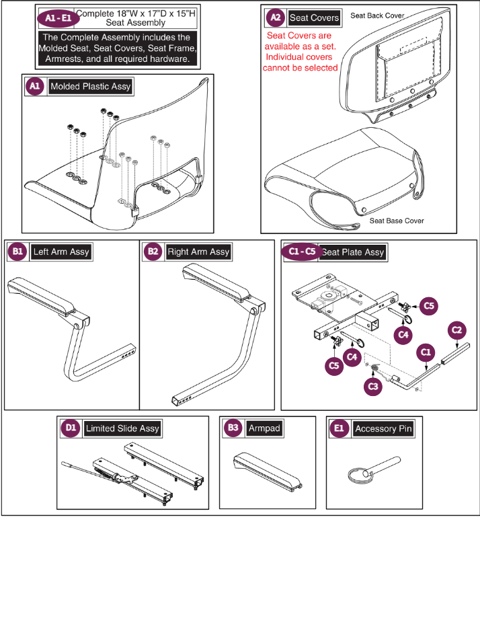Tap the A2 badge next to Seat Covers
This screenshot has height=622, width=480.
click(274, 17)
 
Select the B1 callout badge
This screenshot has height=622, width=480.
click(17, 252)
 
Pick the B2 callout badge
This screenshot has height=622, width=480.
click(153, 252)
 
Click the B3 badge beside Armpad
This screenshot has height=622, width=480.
click(233, 428)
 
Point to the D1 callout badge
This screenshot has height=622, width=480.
click(70, 428)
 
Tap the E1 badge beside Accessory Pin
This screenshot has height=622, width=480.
click(339, 428)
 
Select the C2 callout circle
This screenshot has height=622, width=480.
click(456, 329)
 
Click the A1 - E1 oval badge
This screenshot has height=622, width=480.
click(57, 17)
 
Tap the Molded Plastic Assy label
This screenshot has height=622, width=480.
click(90, 87)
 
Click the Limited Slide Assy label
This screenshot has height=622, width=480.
click(122, 428)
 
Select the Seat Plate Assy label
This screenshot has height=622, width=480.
click(352, 252)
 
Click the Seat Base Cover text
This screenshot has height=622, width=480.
click(397, 221)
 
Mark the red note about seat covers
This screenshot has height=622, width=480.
click(302, 51)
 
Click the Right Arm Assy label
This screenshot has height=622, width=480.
click(198, 252)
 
